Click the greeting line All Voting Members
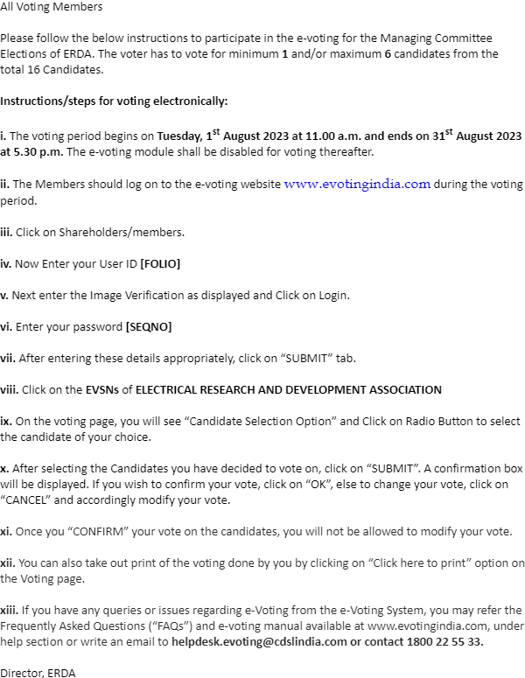click(x=51, y=7)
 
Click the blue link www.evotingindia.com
click(x=357, y=185)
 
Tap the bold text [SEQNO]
click(x=149, y=326)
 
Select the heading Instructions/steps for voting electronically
click(x=114, y=101)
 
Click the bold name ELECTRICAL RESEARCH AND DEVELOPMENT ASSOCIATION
click(x=289, y=389)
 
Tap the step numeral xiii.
click(x=10, y=610)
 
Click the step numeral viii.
click(x=10, y=389)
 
